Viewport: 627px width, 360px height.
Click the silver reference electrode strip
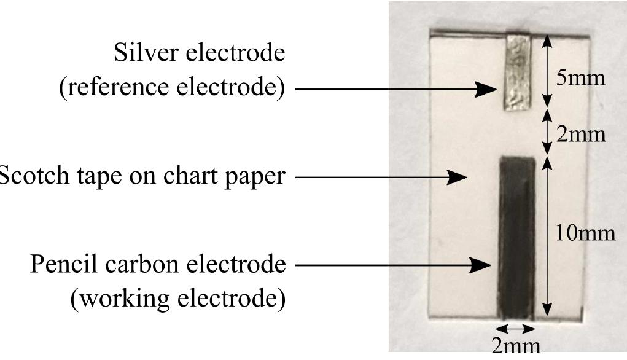click(517, 72)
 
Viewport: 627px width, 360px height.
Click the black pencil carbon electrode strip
click(517, 237)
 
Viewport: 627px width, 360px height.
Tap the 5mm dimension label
click(580, 79)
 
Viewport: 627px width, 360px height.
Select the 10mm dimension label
click(585, 233)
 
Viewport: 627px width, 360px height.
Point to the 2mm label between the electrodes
click(580, 134)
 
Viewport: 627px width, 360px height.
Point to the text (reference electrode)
click(172, 88)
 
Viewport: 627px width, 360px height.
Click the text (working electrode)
click(178, 299)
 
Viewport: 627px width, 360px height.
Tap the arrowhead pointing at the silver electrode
click(489, 90)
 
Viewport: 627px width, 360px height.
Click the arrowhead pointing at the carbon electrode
click(483, 266)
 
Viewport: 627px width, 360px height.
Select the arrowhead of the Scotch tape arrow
click(458, 178)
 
